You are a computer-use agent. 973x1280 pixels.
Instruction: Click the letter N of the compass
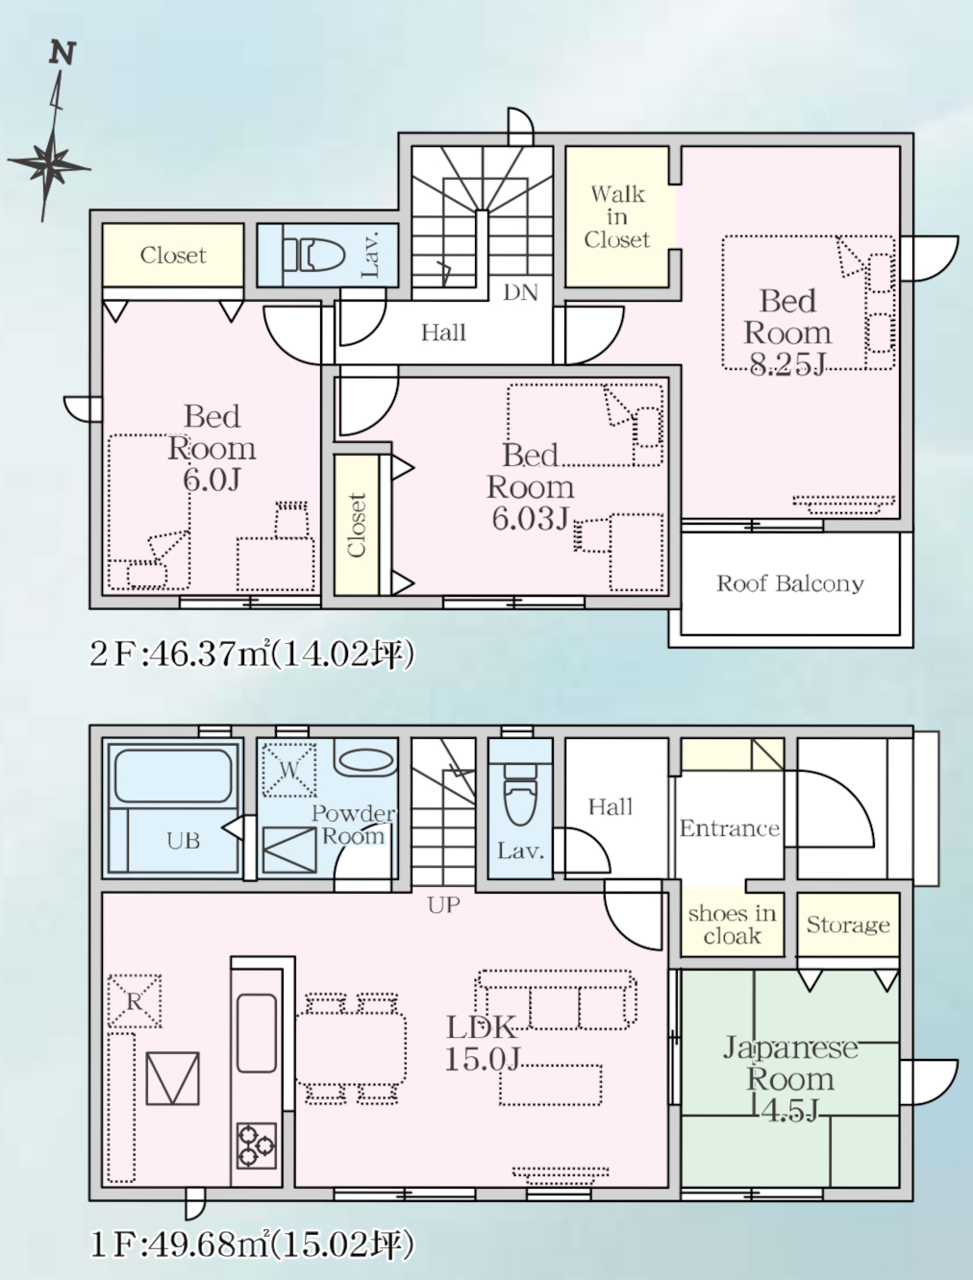62,53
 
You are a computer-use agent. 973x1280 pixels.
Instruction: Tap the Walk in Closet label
617,217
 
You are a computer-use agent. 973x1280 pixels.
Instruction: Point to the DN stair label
520,292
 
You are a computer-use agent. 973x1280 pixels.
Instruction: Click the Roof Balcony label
789,583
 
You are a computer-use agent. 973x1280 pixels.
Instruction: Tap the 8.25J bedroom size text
787,364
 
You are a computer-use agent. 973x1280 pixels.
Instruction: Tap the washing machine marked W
289,770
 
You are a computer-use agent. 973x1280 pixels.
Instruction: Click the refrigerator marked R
135,1000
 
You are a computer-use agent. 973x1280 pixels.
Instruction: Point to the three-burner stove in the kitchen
257,1145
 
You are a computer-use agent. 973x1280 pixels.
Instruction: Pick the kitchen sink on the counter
257,1033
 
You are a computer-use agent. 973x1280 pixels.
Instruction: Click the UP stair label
443,905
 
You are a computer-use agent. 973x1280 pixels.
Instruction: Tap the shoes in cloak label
732,924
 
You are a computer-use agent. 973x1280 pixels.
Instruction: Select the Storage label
848,924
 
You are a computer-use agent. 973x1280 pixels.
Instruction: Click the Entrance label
729,828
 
